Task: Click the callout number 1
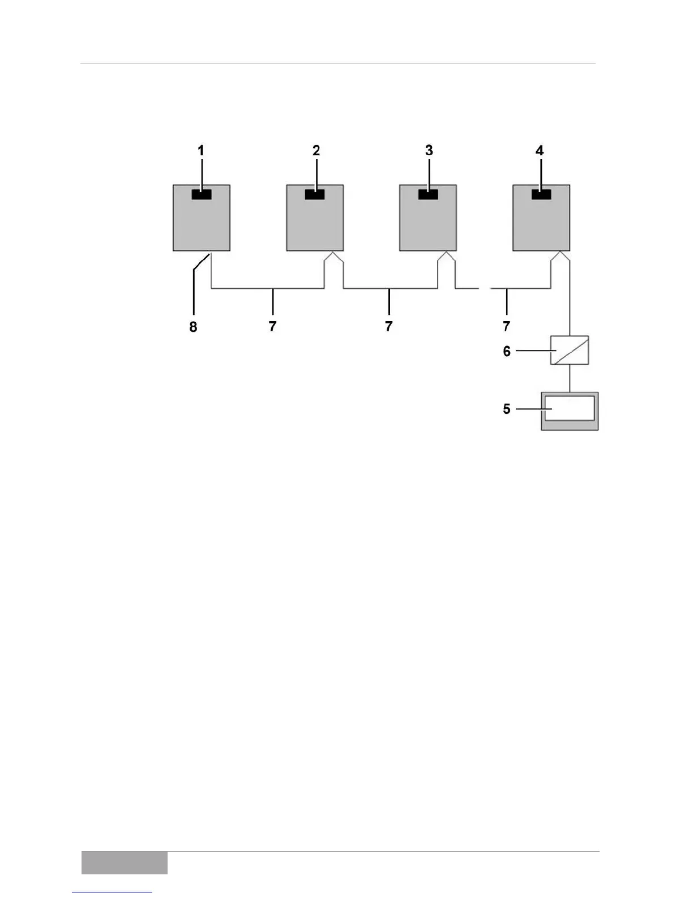[x=200, y=151]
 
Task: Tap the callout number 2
[x=316, y=151]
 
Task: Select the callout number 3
[x=429, y=151]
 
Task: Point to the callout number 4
[x=540, y=151]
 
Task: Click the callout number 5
[x=507, y=409]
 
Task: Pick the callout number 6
[x=507, y=351]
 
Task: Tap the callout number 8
[x=193, y=327]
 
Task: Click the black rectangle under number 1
[x=202, y=194]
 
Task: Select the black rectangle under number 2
[x=315, y=194]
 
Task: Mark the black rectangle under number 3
[x=428, y=194]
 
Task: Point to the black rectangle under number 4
[x=541, y=194]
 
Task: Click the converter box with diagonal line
[x=570, y=350]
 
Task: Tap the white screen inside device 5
[x=570, y=408]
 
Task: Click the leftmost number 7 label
[x=272, y=327]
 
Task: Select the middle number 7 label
[x=388, y=327]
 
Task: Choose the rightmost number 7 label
[x=506, y=327]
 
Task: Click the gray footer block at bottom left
[x=124, y=862]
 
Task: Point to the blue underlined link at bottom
[x=112, y=892]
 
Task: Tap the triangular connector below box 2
[x=333, y=258]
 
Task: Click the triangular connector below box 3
[x=447, y=258]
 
